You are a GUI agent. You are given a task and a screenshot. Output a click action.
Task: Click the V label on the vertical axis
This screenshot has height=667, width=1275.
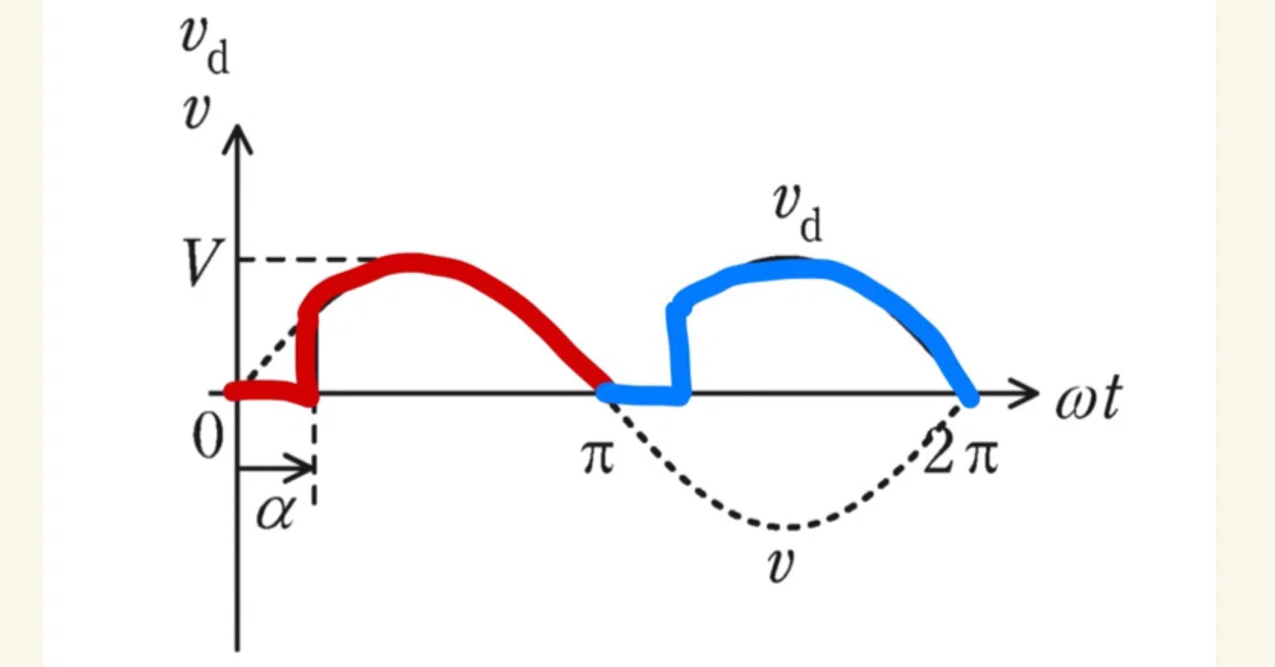point(201,263)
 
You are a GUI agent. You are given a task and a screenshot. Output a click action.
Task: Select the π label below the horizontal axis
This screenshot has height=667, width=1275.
point(599,458)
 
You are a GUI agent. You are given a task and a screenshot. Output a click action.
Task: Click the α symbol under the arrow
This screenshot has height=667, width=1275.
point(277,511)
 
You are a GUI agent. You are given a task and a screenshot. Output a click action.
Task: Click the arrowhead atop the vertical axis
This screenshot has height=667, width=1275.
point(237,139)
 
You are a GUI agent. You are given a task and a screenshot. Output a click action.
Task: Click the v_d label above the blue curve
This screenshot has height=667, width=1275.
point(798,212)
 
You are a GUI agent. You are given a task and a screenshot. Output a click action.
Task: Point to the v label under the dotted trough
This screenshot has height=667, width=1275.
point(780,565)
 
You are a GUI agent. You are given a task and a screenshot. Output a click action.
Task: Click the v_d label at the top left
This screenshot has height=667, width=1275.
point(205,45)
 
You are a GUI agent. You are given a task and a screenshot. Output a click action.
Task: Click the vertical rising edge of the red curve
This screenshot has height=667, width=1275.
point(308,352)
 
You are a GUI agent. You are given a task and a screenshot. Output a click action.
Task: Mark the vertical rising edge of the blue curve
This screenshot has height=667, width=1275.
point(678,351)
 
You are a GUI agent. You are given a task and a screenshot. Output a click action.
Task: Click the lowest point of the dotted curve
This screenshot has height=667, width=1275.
point(790,527)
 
